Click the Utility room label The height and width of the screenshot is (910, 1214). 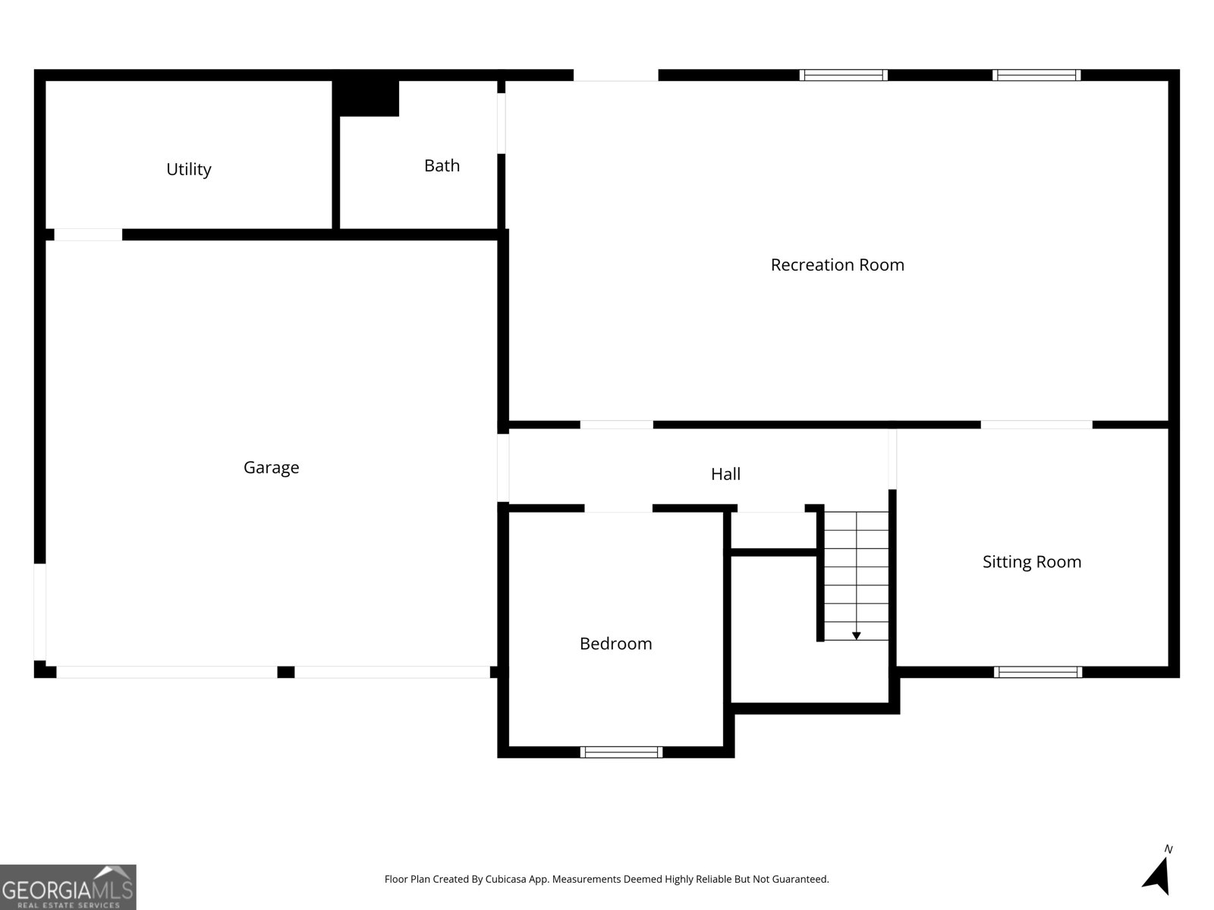[x=188, y=169]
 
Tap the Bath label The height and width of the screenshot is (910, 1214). [x=442, y=165]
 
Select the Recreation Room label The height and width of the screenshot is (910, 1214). [x=837, y=265]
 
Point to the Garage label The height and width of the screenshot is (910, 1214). [x=271, y=467]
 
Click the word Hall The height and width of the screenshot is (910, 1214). [x=725, y=474]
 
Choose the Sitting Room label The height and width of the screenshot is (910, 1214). [x=1031, y=562]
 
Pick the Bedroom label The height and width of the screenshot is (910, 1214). [x=615, y=644]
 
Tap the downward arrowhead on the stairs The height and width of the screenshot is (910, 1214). [x=856, y=635]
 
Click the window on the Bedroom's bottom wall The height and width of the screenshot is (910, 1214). [x=621, y=752]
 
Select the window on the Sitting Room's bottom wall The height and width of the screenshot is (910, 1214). [x=1037, y=672]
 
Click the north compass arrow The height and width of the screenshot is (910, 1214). [x=1157, y=876]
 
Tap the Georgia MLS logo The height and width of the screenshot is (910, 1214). [x=68, y=887]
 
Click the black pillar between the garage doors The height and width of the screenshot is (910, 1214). [x=285, y=672]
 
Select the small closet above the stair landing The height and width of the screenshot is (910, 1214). [x=772, y=530]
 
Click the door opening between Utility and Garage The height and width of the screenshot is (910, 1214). [x=88, y=235]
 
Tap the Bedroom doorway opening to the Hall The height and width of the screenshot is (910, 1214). [x=618, y=508]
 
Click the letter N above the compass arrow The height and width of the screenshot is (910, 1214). [x=1168, y=849]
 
